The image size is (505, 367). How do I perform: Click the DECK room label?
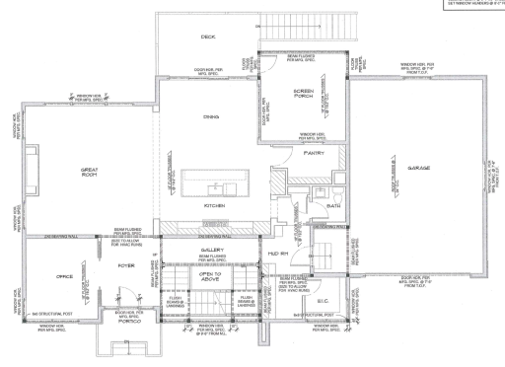coord(208,37)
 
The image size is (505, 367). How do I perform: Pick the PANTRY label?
coord(314,153)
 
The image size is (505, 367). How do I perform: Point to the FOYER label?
coord(125,265)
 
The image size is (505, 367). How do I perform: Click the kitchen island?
coord(215,183)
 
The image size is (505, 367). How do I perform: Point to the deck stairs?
coord(306,30)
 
